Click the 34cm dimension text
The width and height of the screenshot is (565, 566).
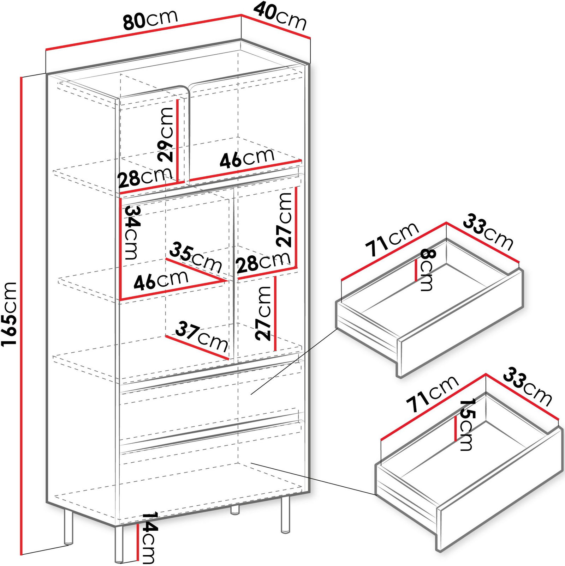tap(133, 233)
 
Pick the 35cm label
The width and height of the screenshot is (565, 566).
tap(196, 257)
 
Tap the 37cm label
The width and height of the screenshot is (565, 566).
tap(202, 336)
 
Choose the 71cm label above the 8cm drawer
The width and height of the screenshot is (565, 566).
tap(392, 240)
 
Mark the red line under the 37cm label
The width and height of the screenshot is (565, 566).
tap(197, 348)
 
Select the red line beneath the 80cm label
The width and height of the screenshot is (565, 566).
tap(143, 32)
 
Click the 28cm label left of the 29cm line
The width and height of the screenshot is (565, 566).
tap(145, 177)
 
